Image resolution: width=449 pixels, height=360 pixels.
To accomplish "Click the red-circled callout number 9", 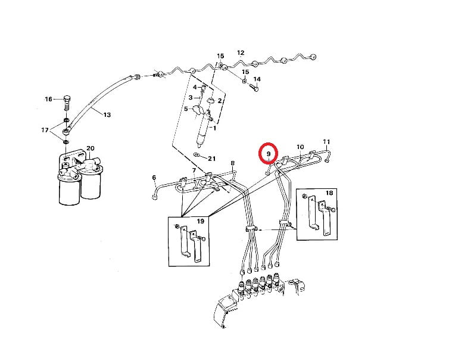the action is point(269,154).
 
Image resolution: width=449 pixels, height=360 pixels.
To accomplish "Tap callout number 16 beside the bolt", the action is point(48,99).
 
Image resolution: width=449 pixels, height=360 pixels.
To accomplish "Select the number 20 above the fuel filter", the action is point(90,148).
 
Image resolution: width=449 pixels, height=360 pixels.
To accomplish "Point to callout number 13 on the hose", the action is point(107,115).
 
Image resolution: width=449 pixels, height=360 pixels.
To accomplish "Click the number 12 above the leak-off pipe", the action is point(241,53).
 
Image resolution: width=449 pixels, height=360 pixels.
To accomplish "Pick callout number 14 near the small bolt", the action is point(257,79).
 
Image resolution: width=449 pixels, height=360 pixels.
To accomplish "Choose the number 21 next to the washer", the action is point(211,159).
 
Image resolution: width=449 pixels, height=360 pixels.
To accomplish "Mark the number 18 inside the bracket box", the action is point(329,193).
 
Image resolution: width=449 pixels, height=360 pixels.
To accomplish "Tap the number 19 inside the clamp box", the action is point(201,221).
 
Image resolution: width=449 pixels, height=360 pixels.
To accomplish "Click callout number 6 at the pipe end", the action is point(154,178).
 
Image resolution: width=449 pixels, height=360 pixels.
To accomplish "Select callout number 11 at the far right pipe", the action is point(326,142).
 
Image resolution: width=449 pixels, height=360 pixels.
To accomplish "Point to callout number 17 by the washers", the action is point(45,130).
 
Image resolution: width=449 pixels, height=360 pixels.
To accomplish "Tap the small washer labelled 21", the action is point(197,154).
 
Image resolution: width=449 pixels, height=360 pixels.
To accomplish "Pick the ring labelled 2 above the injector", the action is point(210,100).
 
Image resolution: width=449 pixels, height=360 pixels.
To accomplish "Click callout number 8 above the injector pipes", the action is point(232,163).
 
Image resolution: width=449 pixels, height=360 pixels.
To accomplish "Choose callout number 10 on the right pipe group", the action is point(300,147).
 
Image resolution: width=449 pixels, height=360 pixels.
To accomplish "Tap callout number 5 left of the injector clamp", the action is point(186,109).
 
